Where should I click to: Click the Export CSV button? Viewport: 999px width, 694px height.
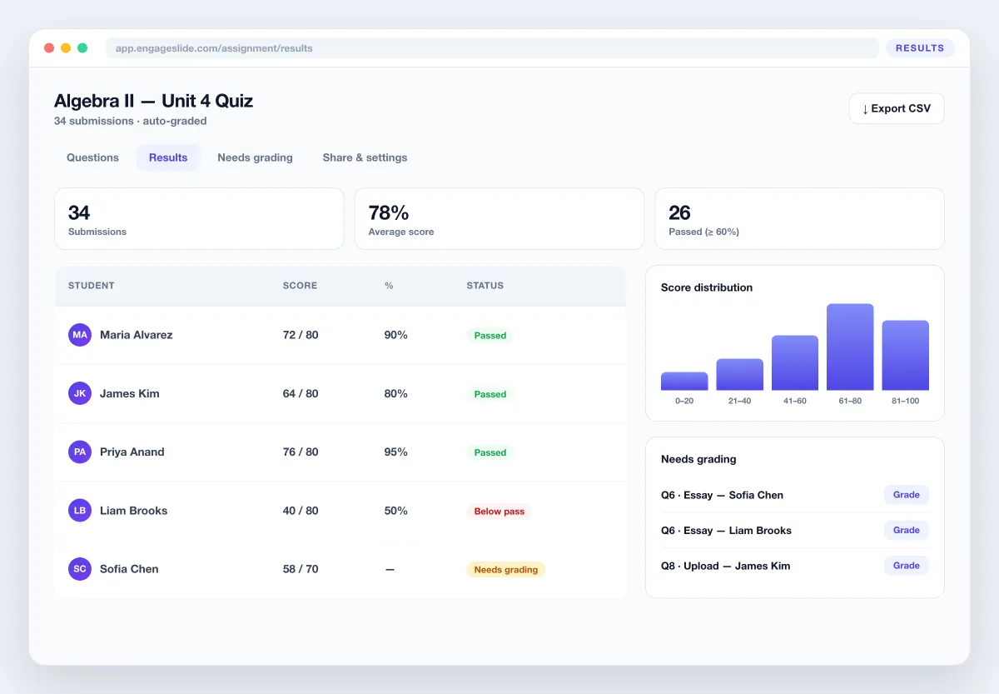click(897, 108)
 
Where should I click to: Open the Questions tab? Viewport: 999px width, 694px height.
click(92, 157)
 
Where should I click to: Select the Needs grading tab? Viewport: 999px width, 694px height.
click(255, 157)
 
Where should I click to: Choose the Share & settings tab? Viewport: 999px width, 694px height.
click(365, 157)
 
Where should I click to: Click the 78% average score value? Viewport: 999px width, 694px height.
click(389, 213)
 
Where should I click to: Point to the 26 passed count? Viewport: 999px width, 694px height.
click(679, 213)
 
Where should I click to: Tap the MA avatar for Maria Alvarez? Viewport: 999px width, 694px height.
click(80, 335)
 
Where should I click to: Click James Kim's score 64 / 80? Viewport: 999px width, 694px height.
click(301, 393)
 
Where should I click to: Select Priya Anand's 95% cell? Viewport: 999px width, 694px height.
click(395, 452)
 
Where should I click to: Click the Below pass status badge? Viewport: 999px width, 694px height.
click(499, 511)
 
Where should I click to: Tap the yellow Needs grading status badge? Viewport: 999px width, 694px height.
click(506, 570)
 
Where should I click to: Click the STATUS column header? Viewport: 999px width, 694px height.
click(485, 286)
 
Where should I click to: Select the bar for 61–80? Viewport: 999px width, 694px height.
click(850, 347)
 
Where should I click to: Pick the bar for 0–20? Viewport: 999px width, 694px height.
click(684, 381)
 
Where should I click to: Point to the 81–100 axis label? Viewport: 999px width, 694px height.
click(906, 401)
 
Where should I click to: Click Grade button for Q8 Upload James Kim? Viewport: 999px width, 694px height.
click(907, 566)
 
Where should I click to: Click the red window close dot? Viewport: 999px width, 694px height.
click(49, 47)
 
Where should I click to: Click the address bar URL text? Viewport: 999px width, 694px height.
click(214, 48)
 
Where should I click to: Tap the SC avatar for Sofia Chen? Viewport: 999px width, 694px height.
click(80, 568)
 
